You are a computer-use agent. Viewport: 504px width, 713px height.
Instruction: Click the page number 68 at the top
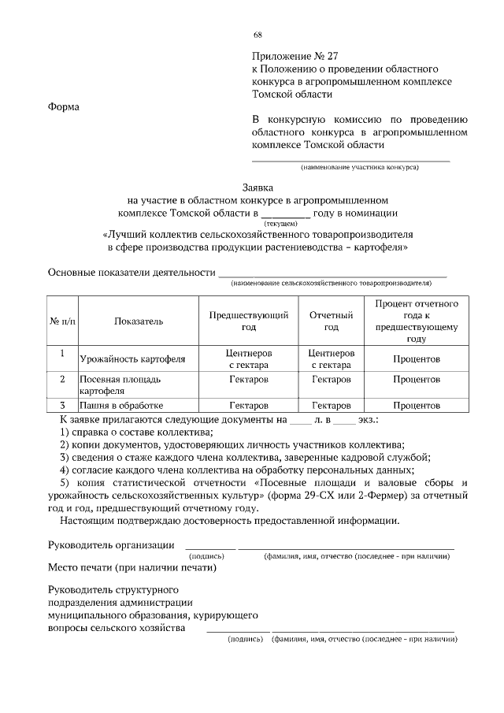click(x=258, y=35)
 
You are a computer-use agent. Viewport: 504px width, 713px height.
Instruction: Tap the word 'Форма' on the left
click(x=64, y=107)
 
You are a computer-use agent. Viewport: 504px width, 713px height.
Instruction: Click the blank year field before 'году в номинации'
click(x=285, y=213)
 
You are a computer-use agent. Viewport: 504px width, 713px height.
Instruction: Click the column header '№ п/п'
click(x=62, y=321)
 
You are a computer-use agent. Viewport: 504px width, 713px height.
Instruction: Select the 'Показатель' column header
click(x=138, y=321)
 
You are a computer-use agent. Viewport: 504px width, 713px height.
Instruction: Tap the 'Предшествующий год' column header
click(x=248, y=321)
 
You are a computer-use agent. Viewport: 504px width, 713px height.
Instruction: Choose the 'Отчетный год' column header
click(x=331, y=321)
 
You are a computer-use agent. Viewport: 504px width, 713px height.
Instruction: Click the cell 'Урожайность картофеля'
click(x=132, y=359)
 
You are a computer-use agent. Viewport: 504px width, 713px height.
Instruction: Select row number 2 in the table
click(x=62, y=379)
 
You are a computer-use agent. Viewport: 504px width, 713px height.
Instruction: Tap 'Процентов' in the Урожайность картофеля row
click(x=416, y=359)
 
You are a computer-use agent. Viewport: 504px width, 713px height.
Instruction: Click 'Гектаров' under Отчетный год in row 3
click(x=331, y=405)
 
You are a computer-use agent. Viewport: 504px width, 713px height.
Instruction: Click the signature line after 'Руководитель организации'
click(x=209, y=545)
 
